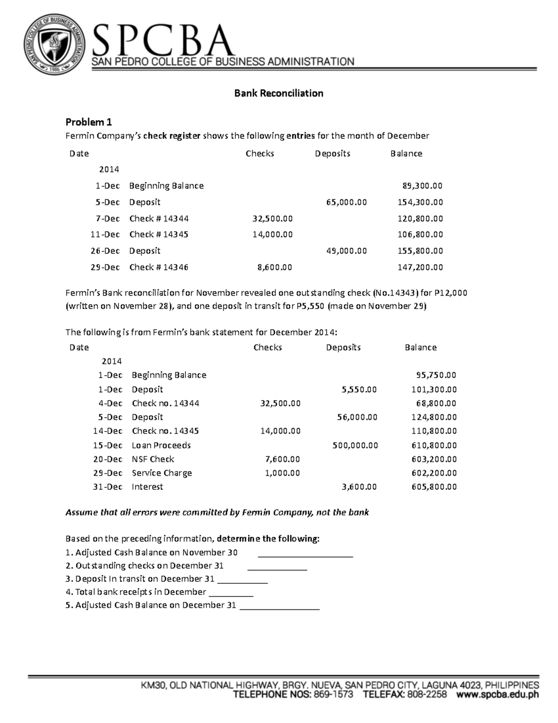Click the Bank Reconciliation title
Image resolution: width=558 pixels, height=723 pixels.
coord(279,93)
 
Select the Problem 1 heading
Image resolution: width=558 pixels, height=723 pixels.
coord(88,122)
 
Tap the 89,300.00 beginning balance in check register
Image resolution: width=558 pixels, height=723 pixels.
coord(422,186)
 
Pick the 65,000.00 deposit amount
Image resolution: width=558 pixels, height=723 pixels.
coord(346,202)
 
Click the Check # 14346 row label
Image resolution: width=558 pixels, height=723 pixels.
coord(159,267)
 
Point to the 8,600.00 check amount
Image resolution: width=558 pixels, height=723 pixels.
coord(275,267)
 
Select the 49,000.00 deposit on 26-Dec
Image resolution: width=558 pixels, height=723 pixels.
coord(346,251)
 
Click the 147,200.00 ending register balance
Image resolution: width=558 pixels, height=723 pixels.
coord(420,267)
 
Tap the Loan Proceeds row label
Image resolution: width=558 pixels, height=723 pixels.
coord(161,445)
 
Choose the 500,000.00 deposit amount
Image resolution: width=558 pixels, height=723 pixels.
coord(355,445)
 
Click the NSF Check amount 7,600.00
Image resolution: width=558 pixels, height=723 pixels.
coord(283,459)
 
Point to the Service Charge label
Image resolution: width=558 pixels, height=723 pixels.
coord(162,473)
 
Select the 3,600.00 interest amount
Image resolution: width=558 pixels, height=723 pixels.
coord(359,487)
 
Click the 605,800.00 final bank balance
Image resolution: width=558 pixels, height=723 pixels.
coord(434,487)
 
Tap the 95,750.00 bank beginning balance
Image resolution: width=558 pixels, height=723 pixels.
coord(436,375)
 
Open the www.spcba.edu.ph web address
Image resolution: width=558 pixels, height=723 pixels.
coord(497,695)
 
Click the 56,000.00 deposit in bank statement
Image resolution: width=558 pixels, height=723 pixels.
coord(357,417)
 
